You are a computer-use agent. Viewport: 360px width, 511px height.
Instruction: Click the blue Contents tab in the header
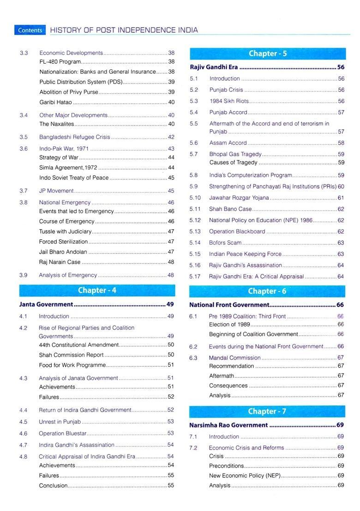pyautogui.click(x=30, y=30)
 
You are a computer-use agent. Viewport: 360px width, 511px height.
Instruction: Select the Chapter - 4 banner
pyautogui.click(x=97, y=290)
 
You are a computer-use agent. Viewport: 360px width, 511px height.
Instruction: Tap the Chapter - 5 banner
pyautogui.click(x=267, y=53)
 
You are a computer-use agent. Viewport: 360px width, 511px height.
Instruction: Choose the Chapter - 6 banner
pyautogui.click(x=267, y=291)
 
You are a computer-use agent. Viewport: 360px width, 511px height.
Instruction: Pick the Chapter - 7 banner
pyautogui.click(x=267, y=411)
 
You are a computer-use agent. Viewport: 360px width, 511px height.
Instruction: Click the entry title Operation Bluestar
pyautogui.click(x=62, y=434)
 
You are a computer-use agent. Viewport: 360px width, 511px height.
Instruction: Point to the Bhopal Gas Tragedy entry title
pyautogui.click(x=235, y=154)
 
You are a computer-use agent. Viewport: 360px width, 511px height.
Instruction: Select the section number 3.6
pyautogui.click(x=24, y=149)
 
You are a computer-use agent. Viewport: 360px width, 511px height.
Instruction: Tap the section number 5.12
pyautogui.click(x=195, y=220)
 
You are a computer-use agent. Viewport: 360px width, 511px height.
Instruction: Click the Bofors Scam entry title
pyautogui.click(x=225, y=243)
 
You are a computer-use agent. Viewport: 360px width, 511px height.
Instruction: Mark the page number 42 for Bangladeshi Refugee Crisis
pyautogui.click(x=171, y=137)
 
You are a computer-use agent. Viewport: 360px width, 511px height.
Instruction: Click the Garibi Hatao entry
pyautogui.click(x=55, y=102)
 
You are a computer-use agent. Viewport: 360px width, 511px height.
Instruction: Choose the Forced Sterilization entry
pyautogui.click(x=63, y=242)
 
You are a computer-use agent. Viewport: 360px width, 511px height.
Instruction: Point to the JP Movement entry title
pyautogui.click(x=56, y=191)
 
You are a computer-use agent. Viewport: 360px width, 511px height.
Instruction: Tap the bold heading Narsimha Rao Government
pyautogui.click(x=228, y=425)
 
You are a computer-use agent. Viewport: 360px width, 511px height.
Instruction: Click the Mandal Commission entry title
pyautogui.click(x=234, y=357)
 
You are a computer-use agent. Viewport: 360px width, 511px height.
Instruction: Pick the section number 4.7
pyautogui.click(x=24, y=445)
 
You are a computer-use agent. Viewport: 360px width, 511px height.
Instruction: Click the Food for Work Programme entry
pyautogui.click(x=72, y=365)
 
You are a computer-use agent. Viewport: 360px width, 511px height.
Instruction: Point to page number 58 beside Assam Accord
pyautogui.click(x=341, y=143)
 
